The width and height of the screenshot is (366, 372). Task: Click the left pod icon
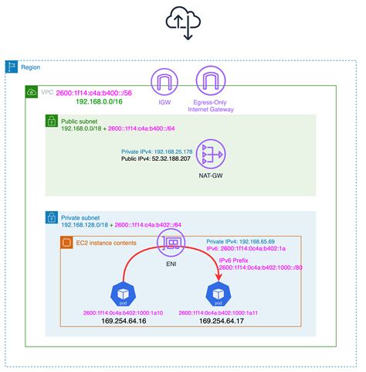[124, 295]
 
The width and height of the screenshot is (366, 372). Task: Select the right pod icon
[216, 295]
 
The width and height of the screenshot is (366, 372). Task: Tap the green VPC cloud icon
[31, 92]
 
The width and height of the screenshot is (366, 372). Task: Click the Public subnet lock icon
[51, 121]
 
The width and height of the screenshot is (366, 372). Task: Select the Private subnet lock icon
[51, 217]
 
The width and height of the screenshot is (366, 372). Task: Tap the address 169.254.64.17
[216, 320]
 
